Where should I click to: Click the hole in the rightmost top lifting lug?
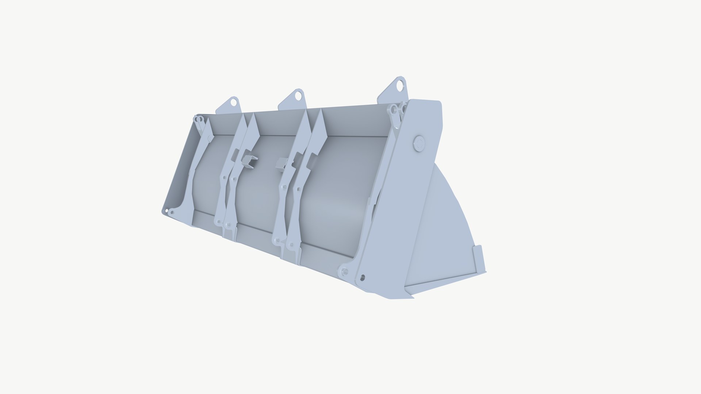(x=400, y=86)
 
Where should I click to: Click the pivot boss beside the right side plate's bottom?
(x=344, y=271)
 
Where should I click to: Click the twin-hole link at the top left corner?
(x=199, y=119)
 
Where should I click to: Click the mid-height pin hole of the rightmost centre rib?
(x=299, y=189)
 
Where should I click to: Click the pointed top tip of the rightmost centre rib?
(x=321, y=110)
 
